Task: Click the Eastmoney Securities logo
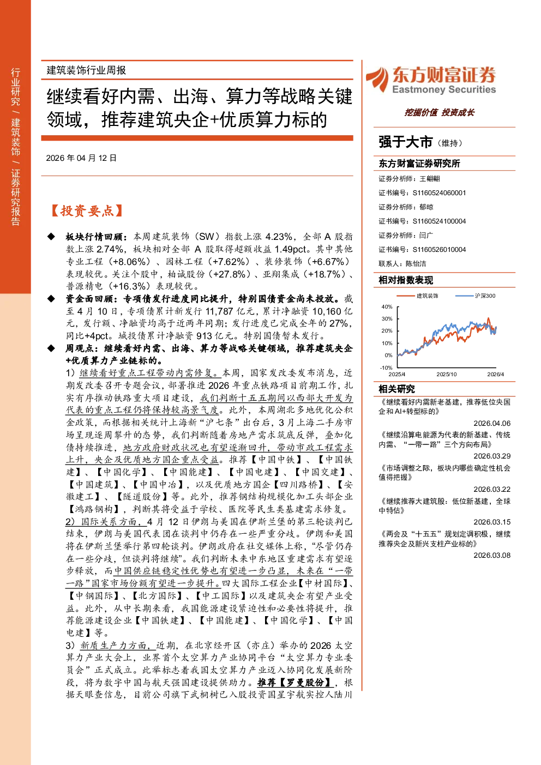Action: (x=431, y=80)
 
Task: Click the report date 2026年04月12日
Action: (x=81, y=158)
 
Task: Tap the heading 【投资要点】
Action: (x=87, y=210)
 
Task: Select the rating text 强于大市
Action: (x=405, y=142)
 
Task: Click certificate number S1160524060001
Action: (x=439, y=192)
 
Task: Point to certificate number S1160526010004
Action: (x=439, y=249)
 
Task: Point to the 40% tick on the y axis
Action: (x=387, y=306)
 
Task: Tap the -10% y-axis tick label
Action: (x=386, y=368)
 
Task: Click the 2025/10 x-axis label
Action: (x=447, y=374)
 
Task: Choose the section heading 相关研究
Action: (x=396, y=389)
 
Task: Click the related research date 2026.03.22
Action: (x=492, y=489)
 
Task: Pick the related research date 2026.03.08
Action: (x=492, y=555)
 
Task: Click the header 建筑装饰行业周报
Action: (x=86, y=70)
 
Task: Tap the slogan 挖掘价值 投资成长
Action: (x=439, y=112)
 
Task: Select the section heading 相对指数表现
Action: (x=406, y=280)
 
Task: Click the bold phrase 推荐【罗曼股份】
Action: (x=294, y=682)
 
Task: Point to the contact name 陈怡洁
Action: (x=416, y=264)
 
